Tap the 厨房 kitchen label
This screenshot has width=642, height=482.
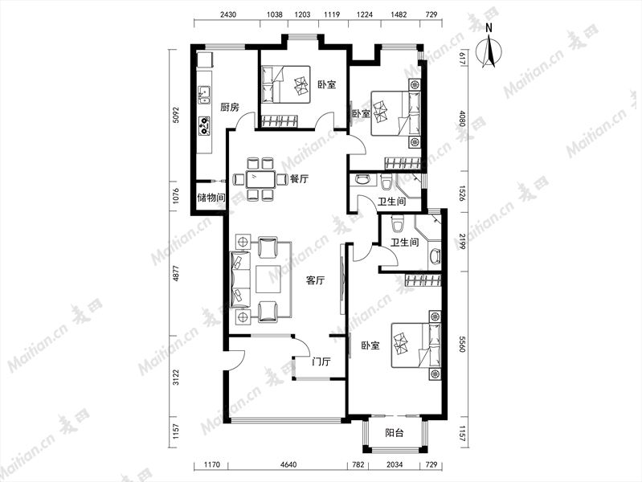229,108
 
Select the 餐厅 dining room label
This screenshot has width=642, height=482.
299,179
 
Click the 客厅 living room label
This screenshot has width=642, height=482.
315,280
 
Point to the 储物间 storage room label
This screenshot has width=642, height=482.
211,198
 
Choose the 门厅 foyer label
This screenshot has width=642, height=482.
321,361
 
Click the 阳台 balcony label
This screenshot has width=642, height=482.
395,432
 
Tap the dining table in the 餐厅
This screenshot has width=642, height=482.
260,179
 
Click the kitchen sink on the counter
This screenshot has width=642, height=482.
204,95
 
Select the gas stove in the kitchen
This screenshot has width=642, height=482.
204,126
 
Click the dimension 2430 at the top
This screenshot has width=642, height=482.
228,14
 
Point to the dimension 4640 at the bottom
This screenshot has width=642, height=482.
288,465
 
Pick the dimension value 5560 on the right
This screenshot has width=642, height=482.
462,345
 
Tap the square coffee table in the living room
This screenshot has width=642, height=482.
268,279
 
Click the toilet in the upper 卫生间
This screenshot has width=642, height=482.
386,182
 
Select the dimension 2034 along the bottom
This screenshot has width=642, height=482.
395,465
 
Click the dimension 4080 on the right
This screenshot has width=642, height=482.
462,118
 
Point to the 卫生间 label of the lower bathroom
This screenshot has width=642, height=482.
404,243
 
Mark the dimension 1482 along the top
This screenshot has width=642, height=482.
399,14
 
